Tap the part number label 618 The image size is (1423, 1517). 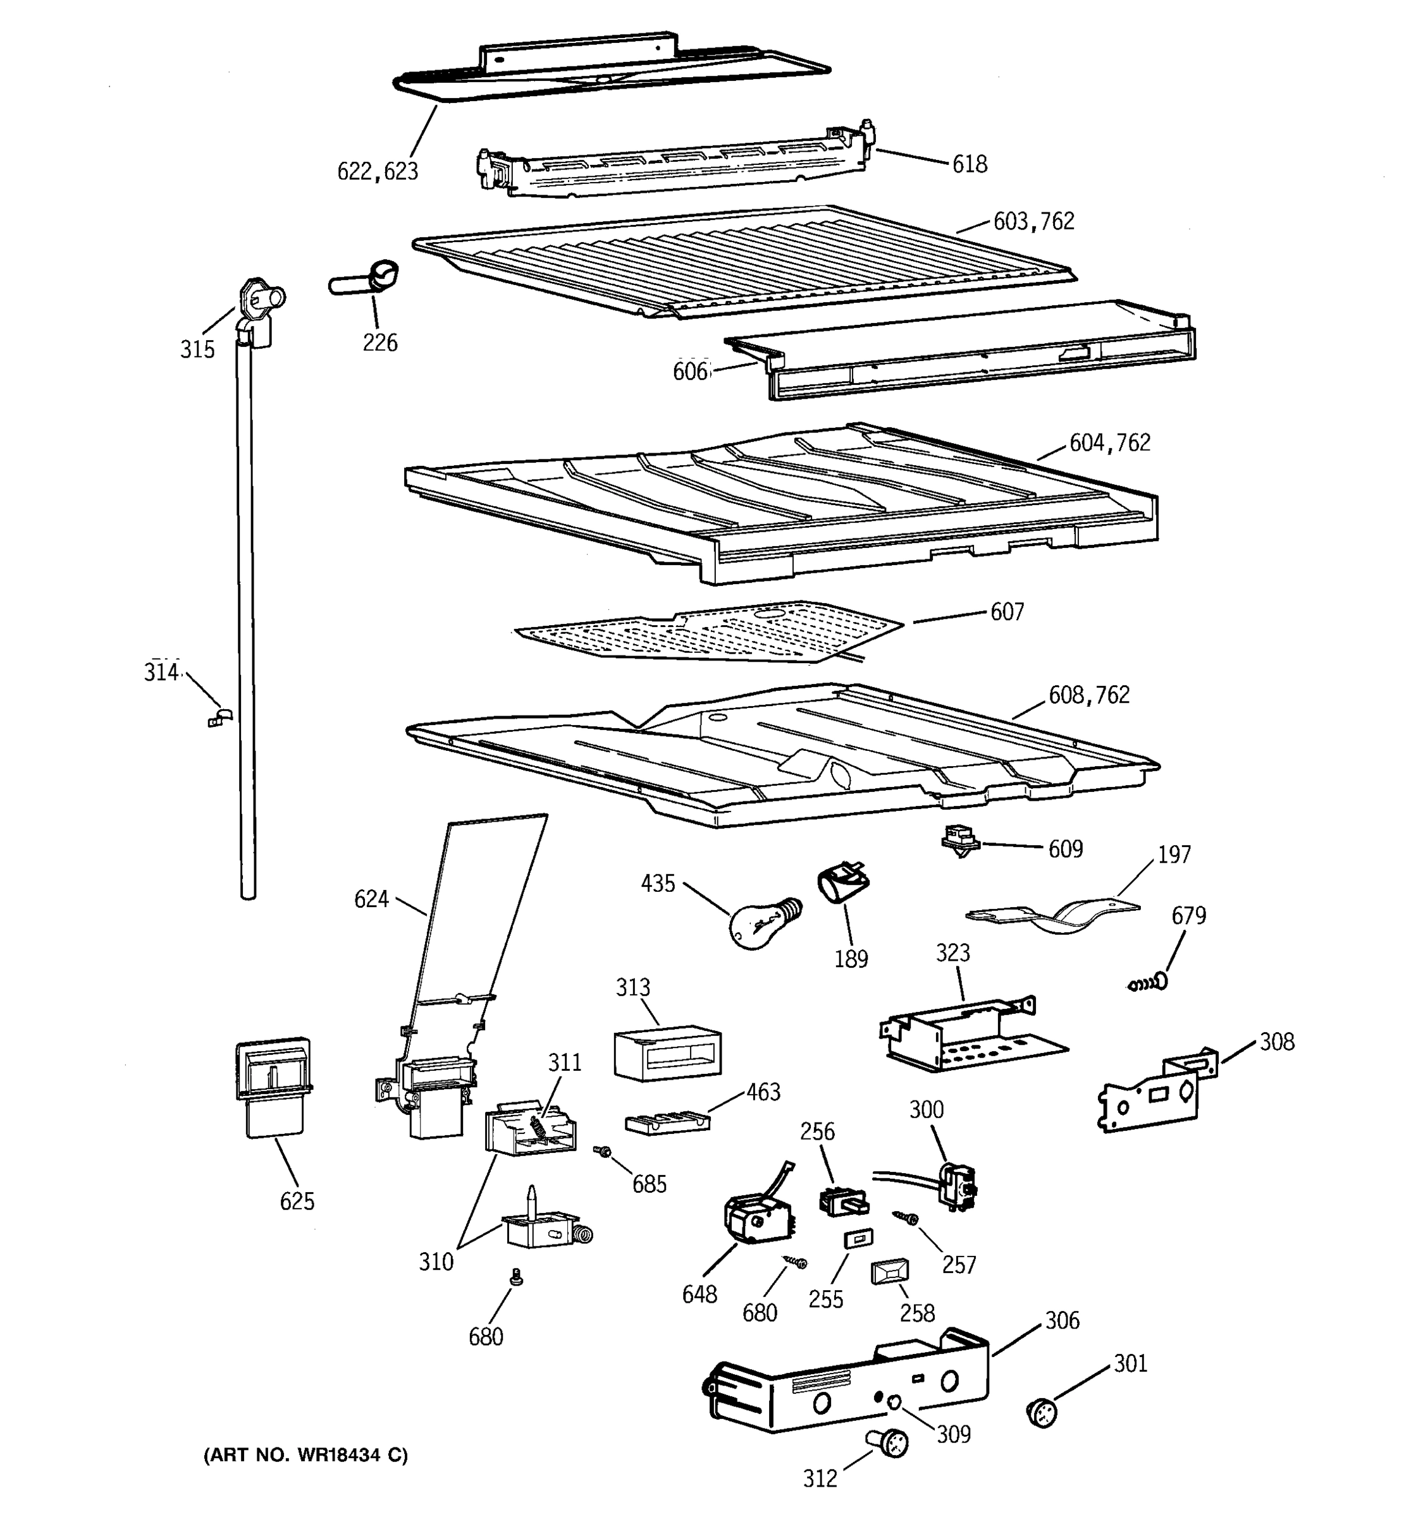point(969,164)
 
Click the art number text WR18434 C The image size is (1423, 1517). point(305,1455)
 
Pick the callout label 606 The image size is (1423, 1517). point(690,372)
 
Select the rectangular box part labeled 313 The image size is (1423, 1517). point(667,1053)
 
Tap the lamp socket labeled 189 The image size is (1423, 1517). point(843,884)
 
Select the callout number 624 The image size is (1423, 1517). point(371,899)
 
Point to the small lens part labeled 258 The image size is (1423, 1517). point(889,1272)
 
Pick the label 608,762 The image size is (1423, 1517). point(1088,695)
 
